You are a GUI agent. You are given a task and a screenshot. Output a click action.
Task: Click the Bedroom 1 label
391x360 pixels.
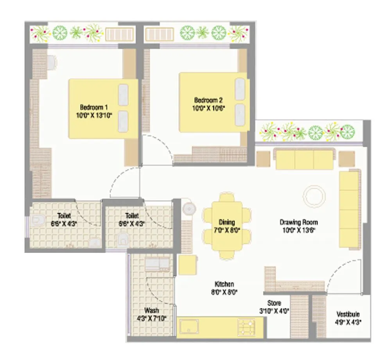coord(94,107)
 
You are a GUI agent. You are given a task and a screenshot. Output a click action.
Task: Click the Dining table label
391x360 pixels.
coord(227,222)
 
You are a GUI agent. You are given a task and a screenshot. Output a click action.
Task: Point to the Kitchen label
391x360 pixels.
coord(224,284)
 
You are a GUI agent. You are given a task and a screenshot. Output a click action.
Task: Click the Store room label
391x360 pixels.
coord(274,303)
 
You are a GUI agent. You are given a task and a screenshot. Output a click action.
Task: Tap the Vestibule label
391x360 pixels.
coord(348,314)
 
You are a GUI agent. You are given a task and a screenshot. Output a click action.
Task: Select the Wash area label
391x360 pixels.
coord(151,310)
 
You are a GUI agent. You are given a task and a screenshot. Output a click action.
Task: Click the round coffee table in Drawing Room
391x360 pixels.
coord(314,196)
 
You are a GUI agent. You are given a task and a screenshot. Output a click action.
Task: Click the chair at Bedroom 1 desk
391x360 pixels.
coord(52,61)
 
